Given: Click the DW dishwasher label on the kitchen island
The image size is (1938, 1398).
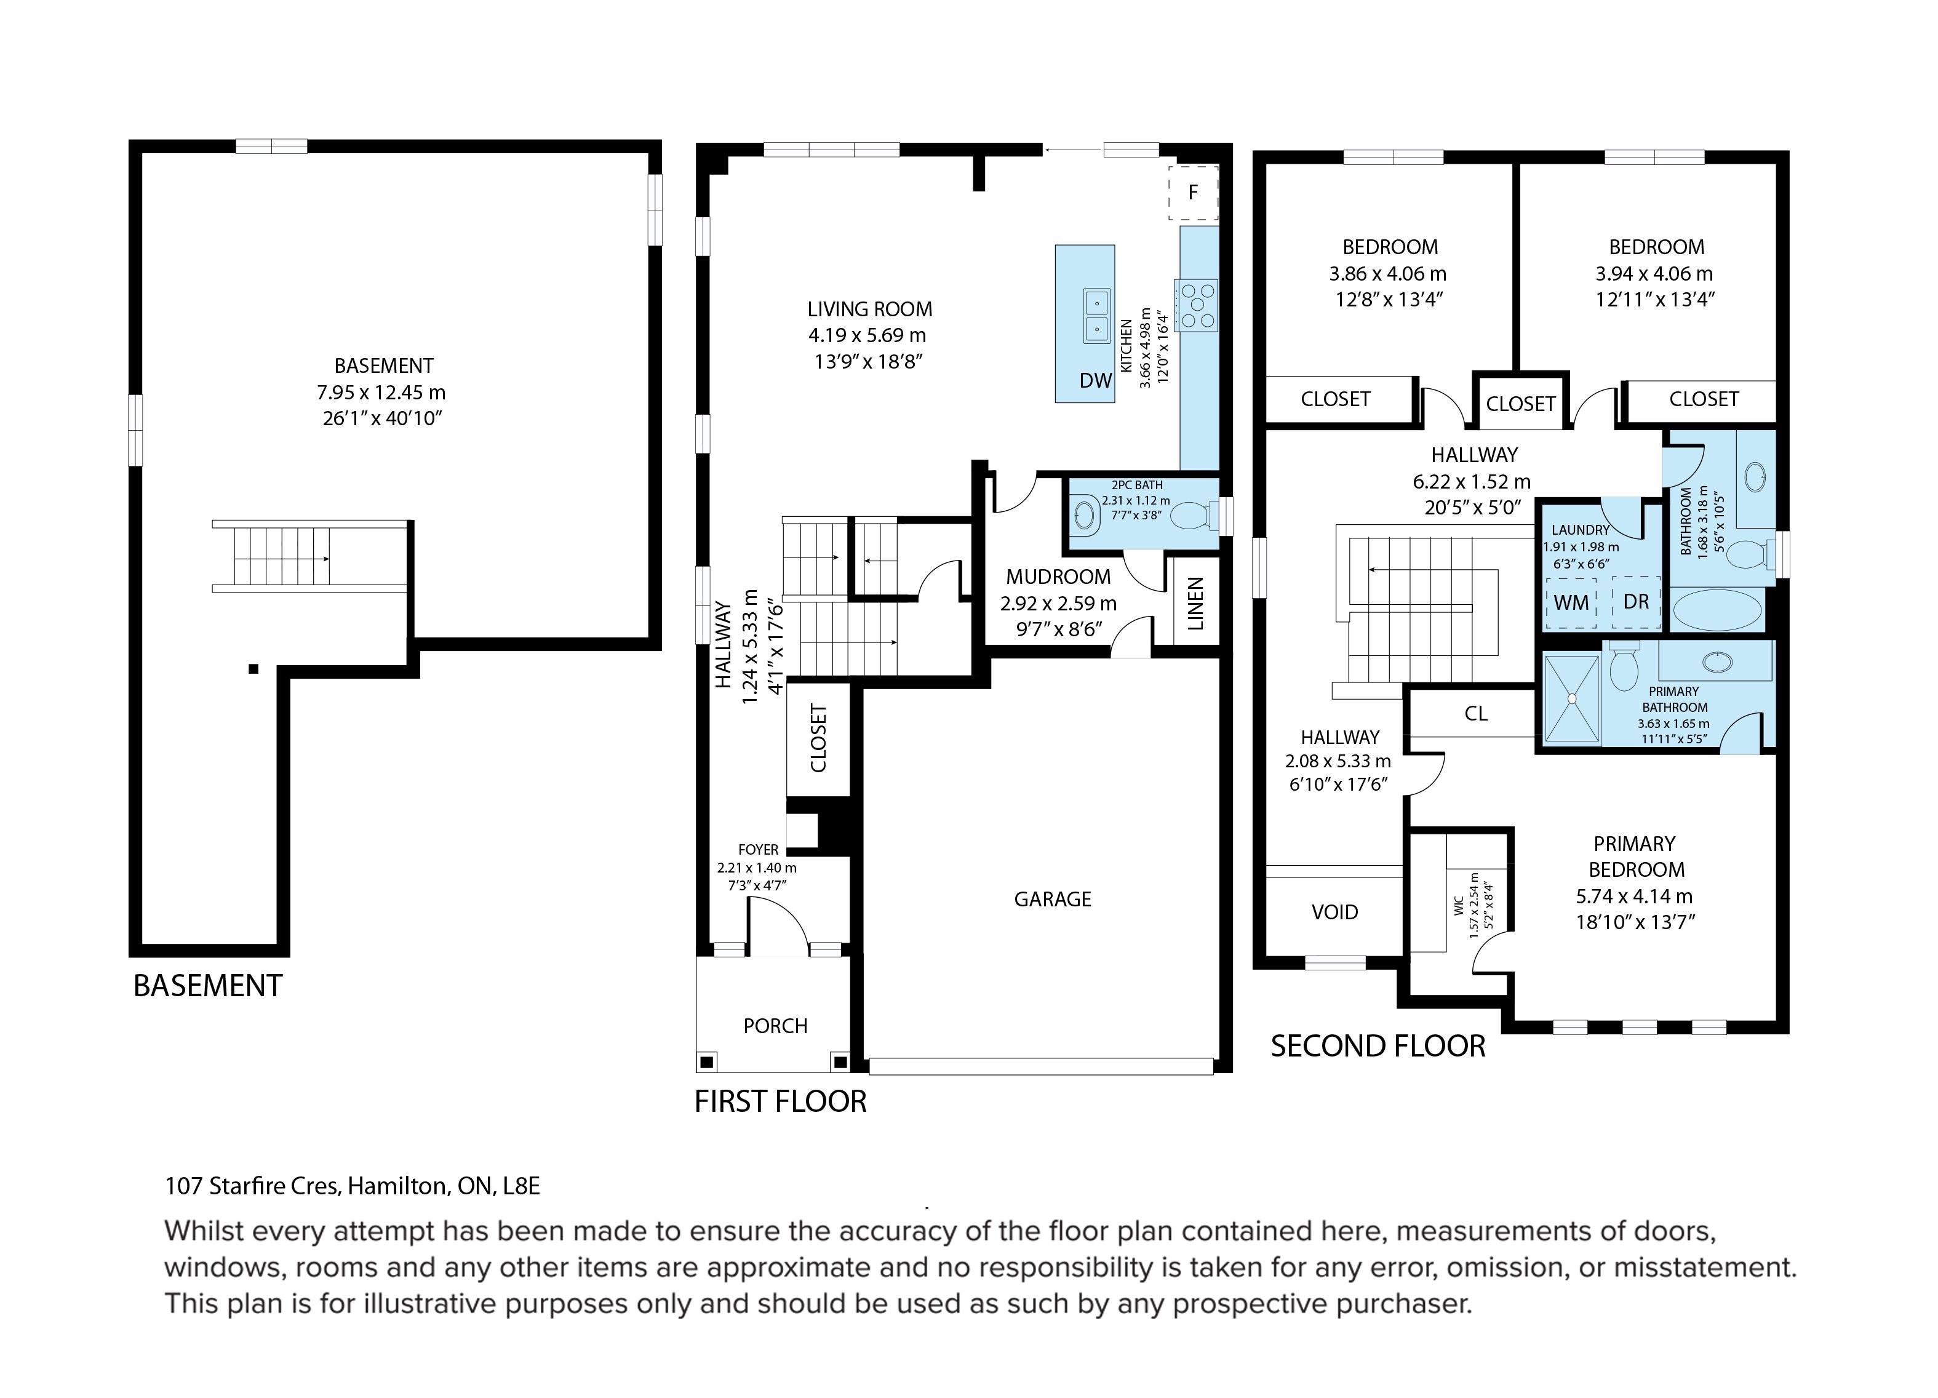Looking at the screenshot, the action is coord(1096,380).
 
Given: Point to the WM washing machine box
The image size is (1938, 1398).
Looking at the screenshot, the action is coord(1571,602).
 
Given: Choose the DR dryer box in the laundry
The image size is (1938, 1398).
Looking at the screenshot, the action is coord(1635,602).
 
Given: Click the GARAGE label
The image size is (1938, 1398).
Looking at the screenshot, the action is coord(1053,899).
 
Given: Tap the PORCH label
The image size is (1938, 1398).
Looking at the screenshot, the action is coord(775,1026).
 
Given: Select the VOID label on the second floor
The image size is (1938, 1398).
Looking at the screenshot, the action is coord(1334,912).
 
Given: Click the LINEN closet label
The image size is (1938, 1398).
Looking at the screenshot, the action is coord(1195,603).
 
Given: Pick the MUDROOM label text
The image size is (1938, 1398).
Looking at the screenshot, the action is coord(1058,577).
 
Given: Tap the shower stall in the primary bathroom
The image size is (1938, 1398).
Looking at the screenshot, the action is coord(1571,697).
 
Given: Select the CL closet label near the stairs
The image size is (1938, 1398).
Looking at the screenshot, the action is coord(1476,714).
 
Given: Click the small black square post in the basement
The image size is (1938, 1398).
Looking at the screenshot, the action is coord(253,669).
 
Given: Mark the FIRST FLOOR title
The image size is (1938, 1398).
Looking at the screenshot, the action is coord(780,1101).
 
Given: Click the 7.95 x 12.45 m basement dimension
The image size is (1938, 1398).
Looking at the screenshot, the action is coord(381,392).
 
